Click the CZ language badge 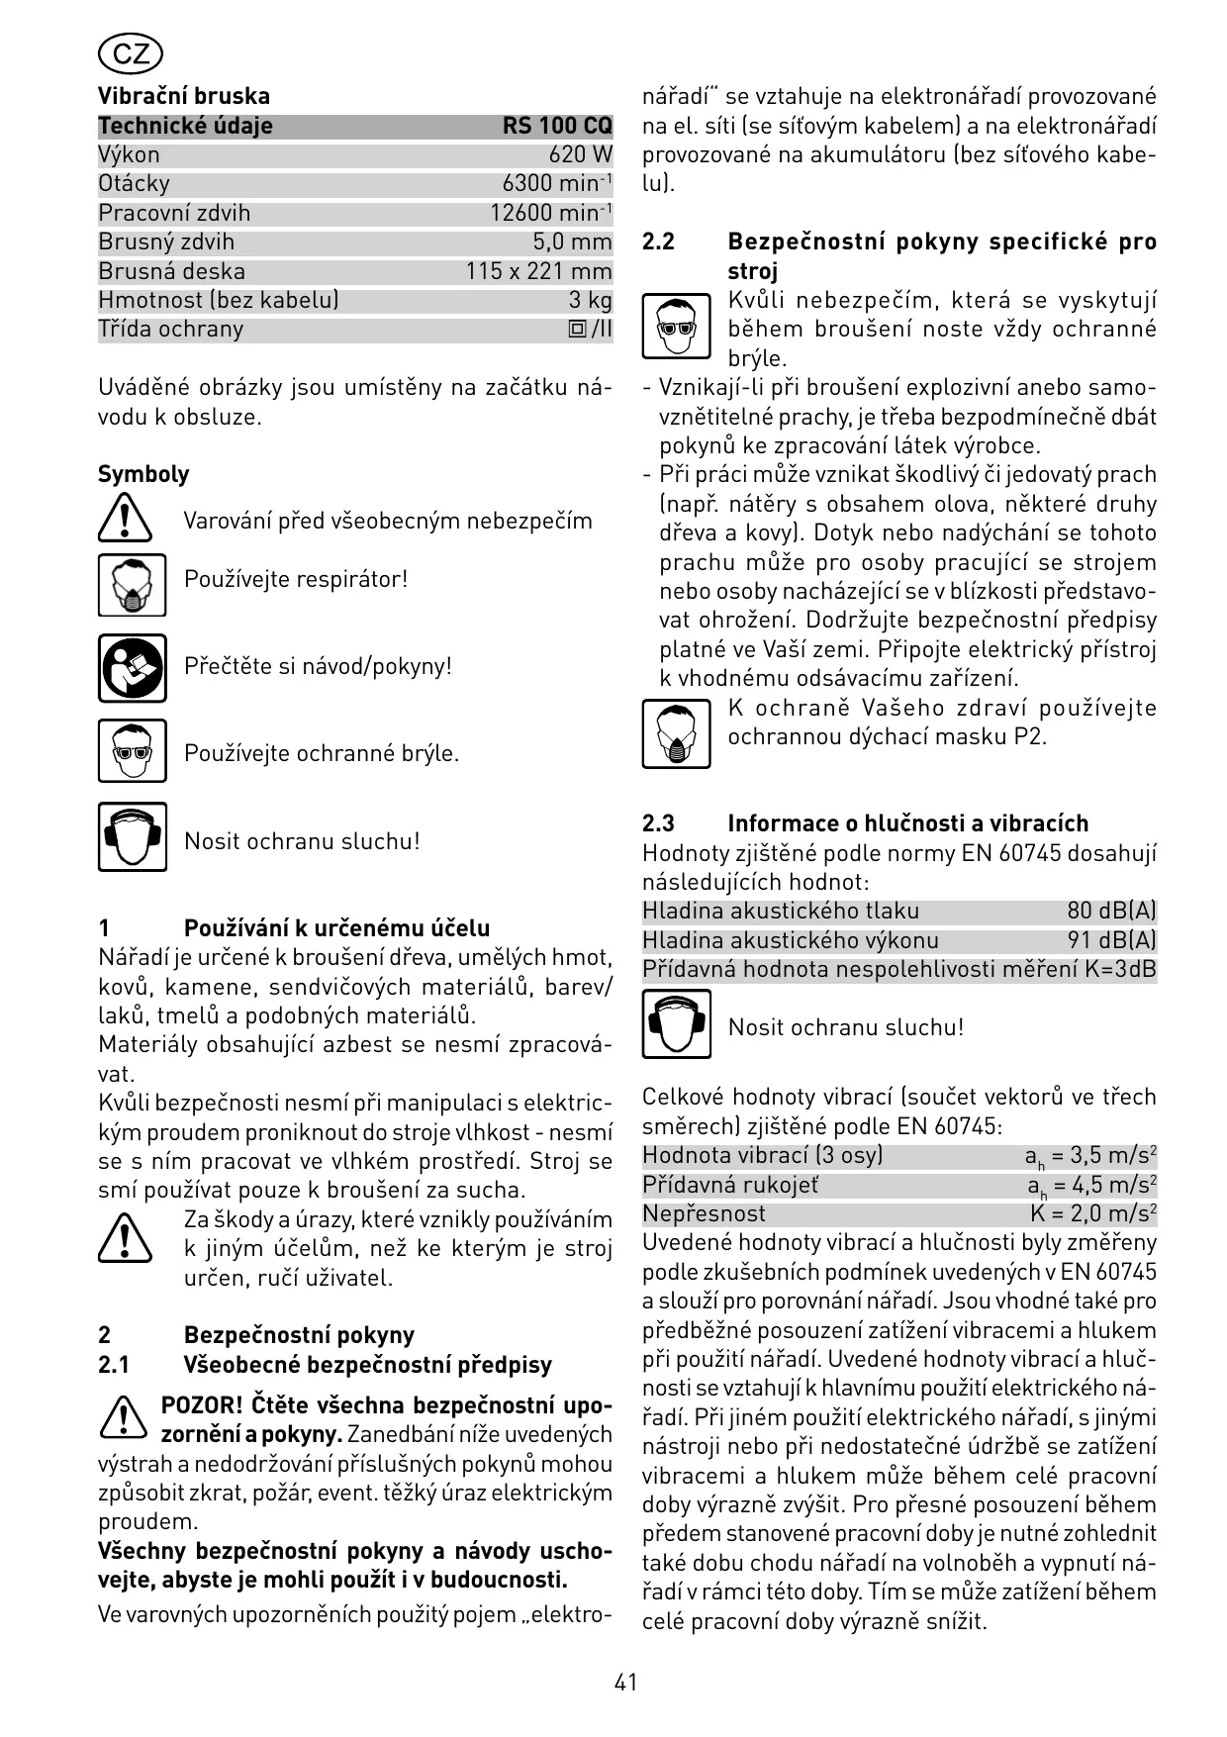tap(131, 53)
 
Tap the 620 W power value tap(581, 154)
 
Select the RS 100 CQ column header tap(557, 126)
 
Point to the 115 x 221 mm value tap(538, 271)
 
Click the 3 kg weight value tap(590, 300)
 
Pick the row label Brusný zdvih tap(166, 241)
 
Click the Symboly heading tap(143, 474)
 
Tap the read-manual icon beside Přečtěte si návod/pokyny tap(133, 667)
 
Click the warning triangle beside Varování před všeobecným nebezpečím tap(125, 520)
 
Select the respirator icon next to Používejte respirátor tap(133, 585)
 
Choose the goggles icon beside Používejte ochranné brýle tap(133, 751)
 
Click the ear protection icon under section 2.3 tap(676, 1024)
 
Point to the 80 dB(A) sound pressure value tap(1111, 911)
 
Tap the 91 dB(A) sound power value tap(1111, 940)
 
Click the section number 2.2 tap(658, 242)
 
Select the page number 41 tap(625, 1682)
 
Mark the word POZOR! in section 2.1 tap(201, 1405)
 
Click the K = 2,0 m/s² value tap(1093, 1213)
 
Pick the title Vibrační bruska tap(184, 96)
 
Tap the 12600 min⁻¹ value tap(551, 213)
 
